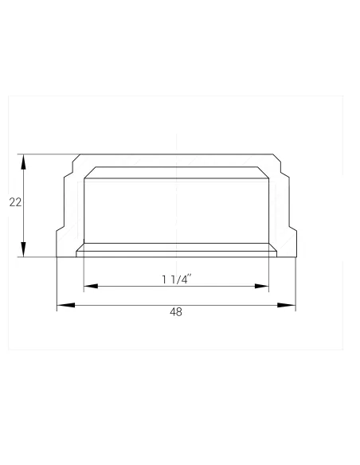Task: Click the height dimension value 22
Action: tap(15, 202)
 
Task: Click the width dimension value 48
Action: tap(176, 312)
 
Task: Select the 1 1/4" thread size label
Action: tap(177, 279)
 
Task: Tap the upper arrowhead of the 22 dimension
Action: tap(23, 162)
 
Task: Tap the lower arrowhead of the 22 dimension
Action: tap(23, 249)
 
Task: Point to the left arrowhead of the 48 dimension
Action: tap(66, 305)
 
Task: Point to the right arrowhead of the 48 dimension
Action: tap(287, 305)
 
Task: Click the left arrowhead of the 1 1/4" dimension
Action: tap(91, 286)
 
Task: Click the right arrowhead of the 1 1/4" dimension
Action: tap(262, 286)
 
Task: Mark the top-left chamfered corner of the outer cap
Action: tap(76, 158)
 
